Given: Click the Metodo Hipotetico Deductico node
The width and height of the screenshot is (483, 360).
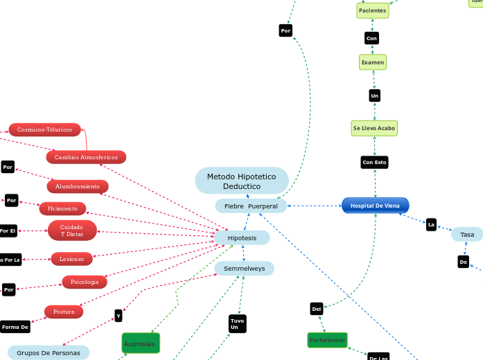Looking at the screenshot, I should click(241, 181).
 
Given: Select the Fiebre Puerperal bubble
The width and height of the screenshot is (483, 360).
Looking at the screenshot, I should click(250, 206).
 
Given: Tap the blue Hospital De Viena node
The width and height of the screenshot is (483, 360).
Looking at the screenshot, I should click(375, 206).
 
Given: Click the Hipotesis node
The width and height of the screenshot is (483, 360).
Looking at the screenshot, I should click(242, 237).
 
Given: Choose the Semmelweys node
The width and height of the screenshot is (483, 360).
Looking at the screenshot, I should click(244, 268).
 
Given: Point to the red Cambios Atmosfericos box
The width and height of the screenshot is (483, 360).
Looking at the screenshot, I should click(86, 158).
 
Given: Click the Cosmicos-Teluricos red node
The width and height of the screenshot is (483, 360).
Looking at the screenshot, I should click(44, 129).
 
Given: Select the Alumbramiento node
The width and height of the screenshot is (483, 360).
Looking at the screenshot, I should click(78, 186).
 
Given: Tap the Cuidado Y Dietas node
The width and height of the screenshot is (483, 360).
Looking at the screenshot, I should click(72, 231).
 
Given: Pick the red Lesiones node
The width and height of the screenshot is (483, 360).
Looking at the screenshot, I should click(71, 259).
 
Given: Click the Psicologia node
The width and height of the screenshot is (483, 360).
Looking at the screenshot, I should click(85, 282).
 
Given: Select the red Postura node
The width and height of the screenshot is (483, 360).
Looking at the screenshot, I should click(64, 312).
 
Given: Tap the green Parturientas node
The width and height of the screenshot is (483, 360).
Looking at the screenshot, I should click(327, 340).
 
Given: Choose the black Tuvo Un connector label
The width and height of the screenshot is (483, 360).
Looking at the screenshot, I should click(237, 323).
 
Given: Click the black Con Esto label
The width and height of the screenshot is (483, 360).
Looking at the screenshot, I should click(374, 163).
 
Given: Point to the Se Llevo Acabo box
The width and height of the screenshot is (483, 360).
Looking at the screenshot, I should click(374, 128).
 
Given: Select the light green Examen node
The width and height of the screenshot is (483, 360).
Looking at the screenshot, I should click(373, 62).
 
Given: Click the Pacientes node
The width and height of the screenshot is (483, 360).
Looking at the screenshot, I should click(373, 11).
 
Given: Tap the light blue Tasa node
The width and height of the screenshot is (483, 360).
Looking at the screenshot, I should click(467, 235).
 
